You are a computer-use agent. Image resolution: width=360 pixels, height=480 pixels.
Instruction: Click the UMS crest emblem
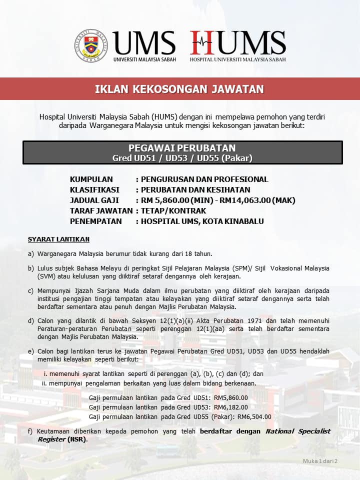(91, 45)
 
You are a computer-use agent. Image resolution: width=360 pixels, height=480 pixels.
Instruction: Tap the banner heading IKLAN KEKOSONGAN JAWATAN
(179, 89)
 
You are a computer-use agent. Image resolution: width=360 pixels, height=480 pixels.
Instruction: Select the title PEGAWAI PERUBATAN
(182, 148)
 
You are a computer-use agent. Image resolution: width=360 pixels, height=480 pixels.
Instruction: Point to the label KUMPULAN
(91, 179)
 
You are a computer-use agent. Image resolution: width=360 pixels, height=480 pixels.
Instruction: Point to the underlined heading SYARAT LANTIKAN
(58, 239)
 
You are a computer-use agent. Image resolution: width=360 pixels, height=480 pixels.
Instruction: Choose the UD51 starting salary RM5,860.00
(230, 397)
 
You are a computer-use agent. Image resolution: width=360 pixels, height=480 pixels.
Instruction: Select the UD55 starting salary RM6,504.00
(254, 416)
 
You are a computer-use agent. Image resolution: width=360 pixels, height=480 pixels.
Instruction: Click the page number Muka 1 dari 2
(320, 460)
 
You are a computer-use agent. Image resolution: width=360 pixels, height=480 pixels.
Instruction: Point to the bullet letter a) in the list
(31, 253)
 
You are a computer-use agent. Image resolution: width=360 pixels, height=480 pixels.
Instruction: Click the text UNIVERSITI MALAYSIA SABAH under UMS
(144, 59)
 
